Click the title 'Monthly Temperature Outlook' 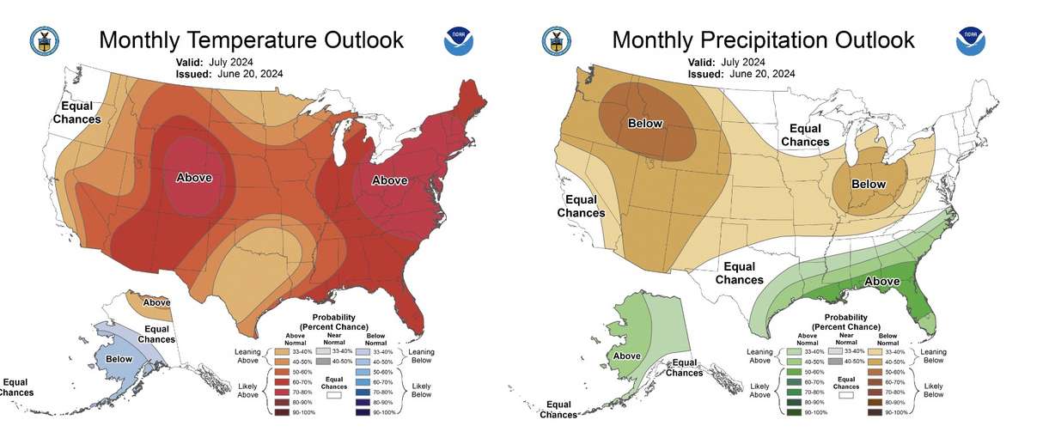(x=251, y=40)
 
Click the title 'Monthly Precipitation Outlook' (x=763, y=40)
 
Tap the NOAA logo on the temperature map (x=459, y=41)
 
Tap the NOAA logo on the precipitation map (x=971, y=41)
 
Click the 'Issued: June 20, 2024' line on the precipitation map (x=741, y=74)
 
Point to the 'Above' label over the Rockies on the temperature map (x=194, y=178)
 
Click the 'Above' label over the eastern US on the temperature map (x=389, y=180)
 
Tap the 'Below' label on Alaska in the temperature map (x=119, y=358)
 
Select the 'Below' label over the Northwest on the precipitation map (x=645, y=124)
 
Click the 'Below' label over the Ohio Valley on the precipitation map (x=868, y=185)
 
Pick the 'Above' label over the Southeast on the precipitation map (x=881, y=281)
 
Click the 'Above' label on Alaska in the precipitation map (x=626, y=356)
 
